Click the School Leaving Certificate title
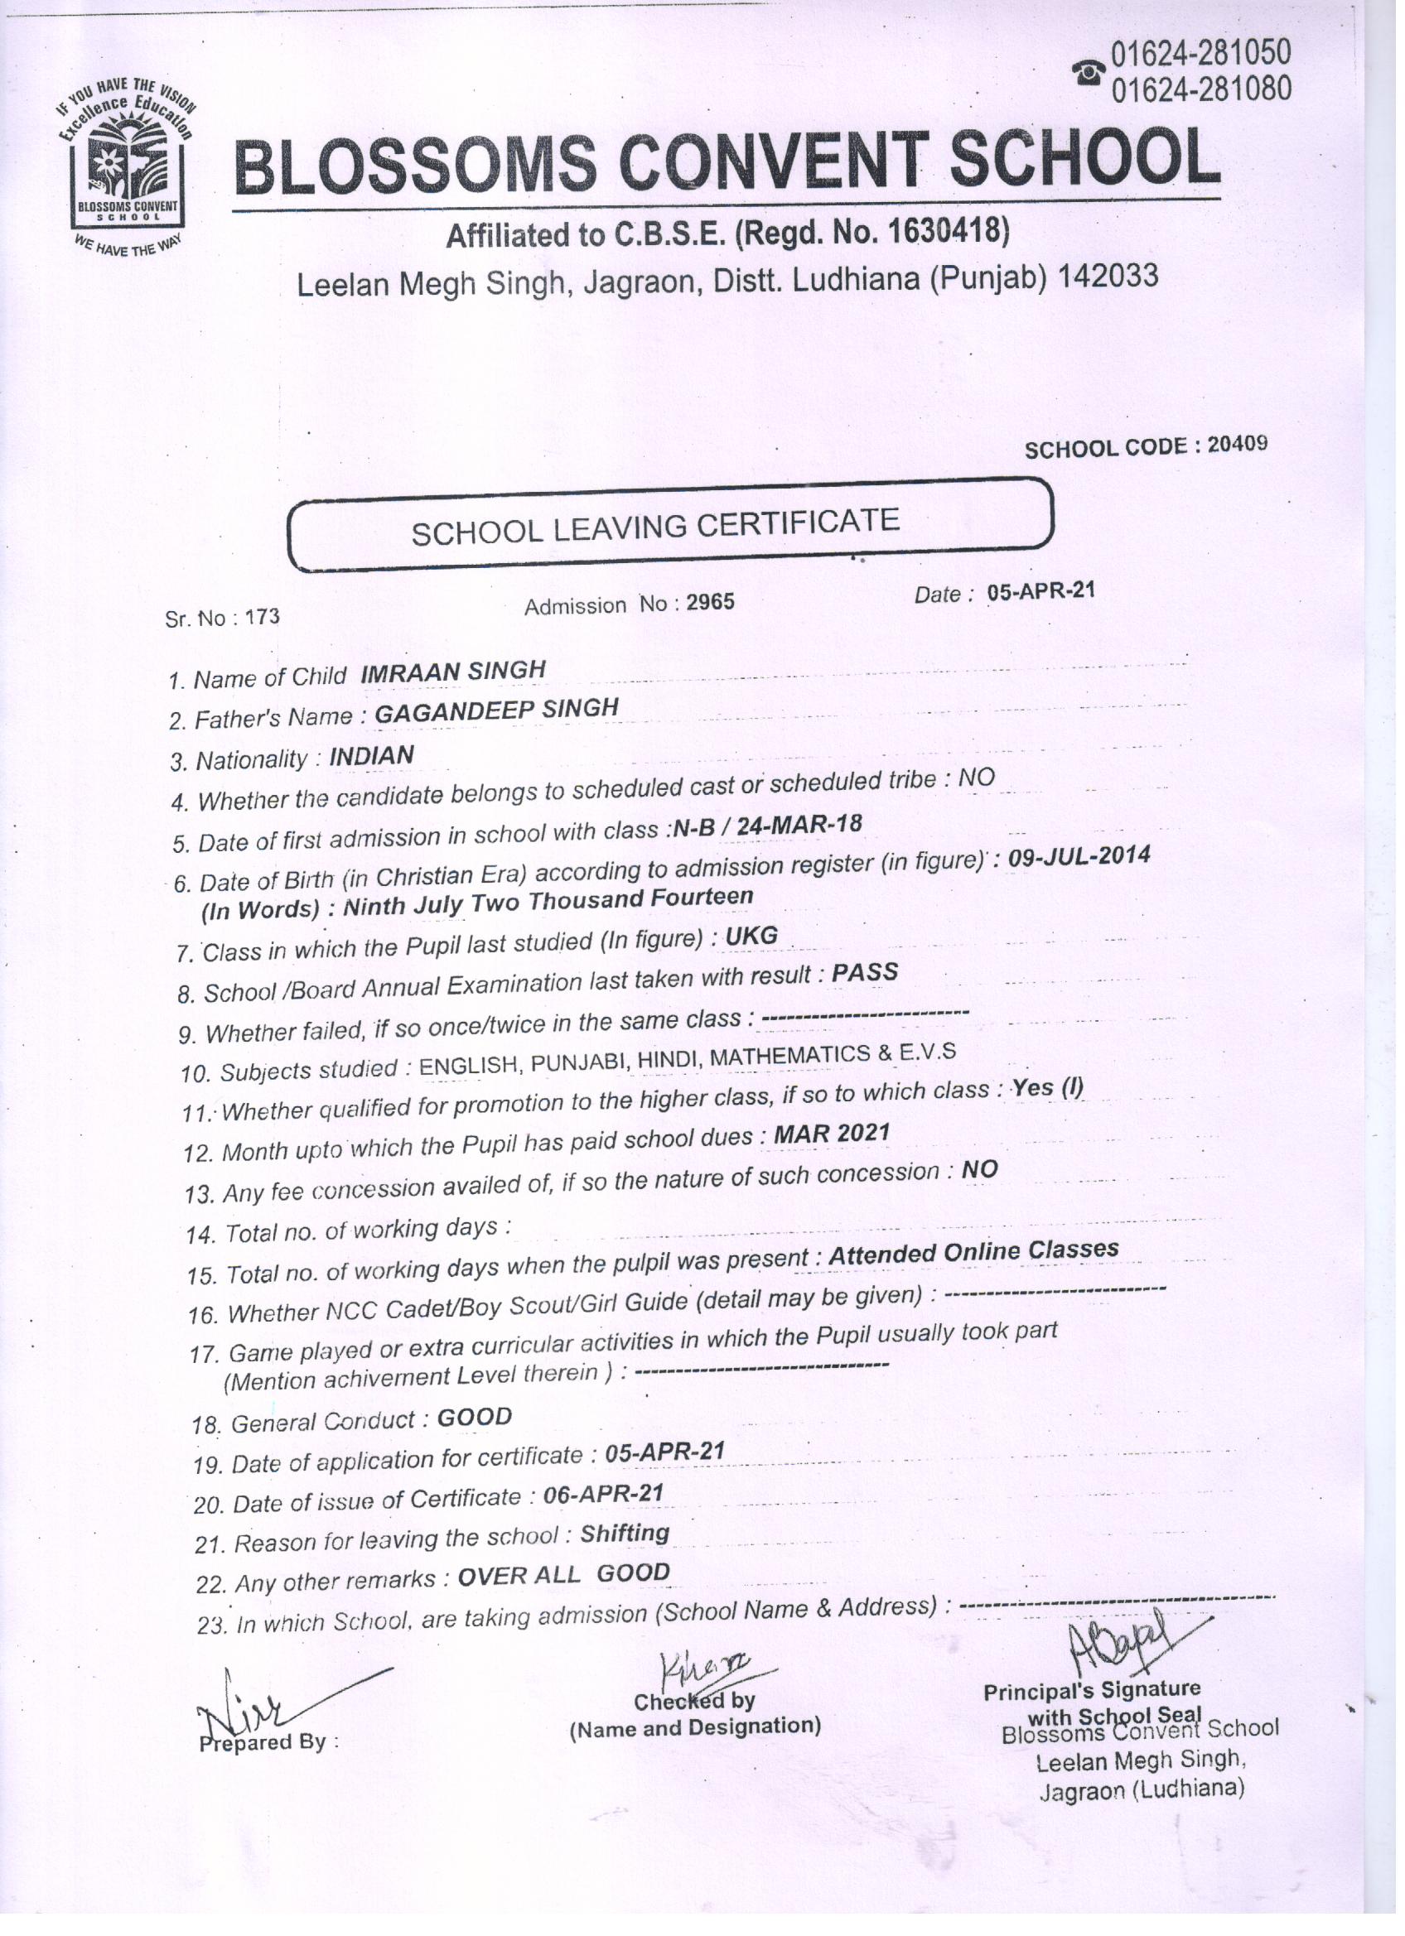click(x=655, y=525)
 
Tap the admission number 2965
click(x=710, y=602)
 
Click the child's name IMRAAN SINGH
click(x=452, y=672)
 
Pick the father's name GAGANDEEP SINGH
click(x=496, y=710)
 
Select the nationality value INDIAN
click(x=371, y=755)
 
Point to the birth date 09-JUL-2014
click(x=1079, y=856)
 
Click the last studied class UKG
click(x=751, y=937)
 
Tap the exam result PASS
click(x=864, y=973)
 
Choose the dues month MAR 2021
click(x=831, y=1134)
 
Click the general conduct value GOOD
click(x=474, y=1418)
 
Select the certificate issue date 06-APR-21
click(x=603, y=1494)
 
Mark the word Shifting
click(x=625, y=1534)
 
